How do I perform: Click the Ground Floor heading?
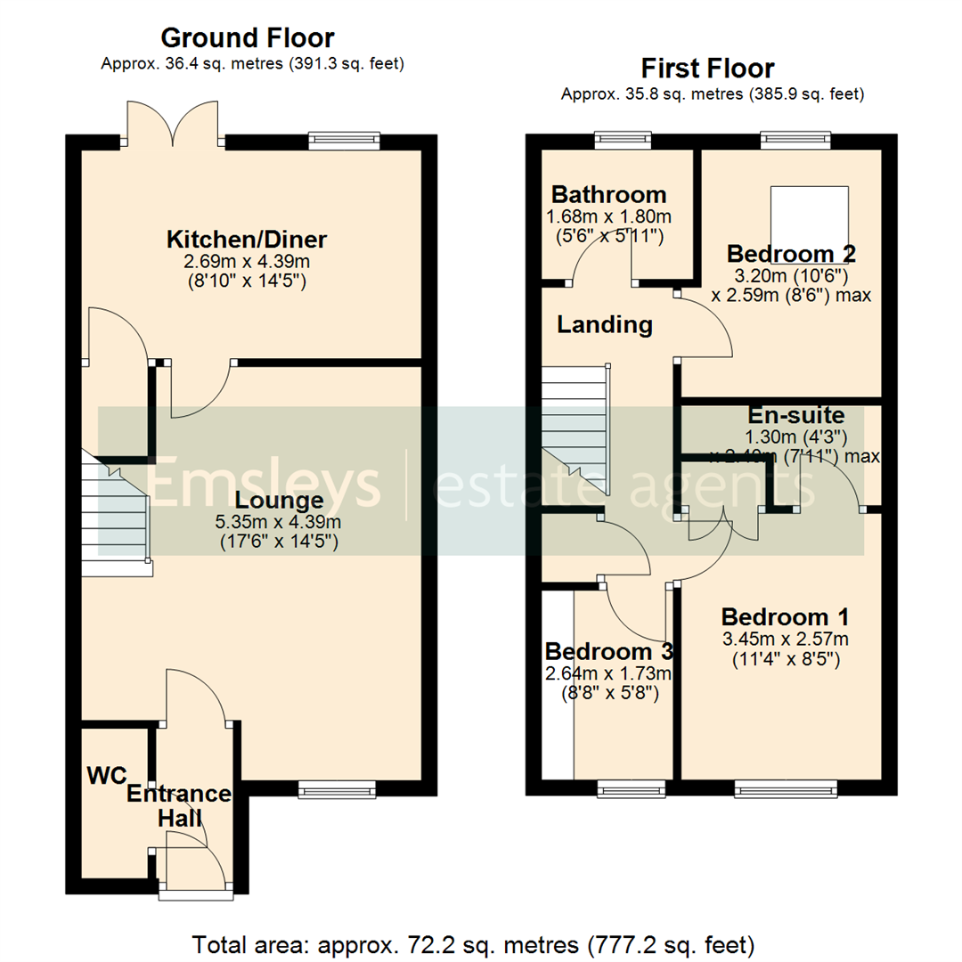pyautogui.click(x=248, y=38)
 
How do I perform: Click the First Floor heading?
pyautogui.click(x=708, y=69)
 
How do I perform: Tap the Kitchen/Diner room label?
pyautogui.click(x=247, y=240)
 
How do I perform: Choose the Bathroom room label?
pyautogui.click(x=608, y=194)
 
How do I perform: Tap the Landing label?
pyautogui.click(x=604, y=325)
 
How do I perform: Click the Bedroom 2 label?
pyautogui.click(x=791, y=254)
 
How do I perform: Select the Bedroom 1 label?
pyautogui.click(x=785, y=616)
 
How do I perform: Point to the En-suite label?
pyautogui.click(x=795, y=415)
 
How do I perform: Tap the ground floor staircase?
pyautogui.click(x=116, y=512)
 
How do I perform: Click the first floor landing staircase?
pyautogui.click(x=575, y=428)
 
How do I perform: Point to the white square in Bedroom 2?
pyautogui.click(x=809, y=212)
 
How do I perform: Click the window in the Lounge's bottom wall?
pyautogui.click(x=337, y=787)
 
